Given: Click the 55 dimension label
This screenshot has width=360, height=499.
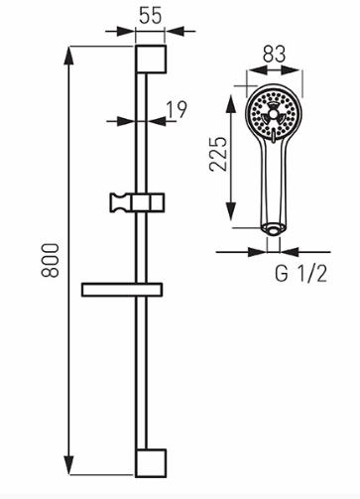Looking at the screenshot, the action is click(x=151, y=16).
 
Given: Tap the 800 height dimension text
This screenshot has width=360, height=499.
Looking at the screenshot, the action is click(x=50, y=260).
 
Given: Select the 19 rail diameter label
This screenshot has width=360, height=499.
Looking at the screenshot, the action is click(x=177, y=109).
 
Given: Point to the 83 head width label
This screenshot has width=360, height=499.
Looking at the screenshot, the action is click(x=274, y=54).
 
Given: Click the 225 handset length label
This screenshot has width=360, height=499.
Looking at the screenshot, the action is click(x=218, y=154).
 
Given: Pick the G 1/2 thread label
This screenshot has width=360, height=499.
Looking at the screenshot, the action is click(x=300, y=274).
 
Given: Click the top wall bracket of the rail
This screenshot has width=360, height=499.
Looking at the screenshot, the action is click(x=151, y=59).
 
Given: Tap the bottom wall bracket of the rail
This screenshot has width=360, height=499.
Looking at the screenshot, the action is click(x=151, y=463).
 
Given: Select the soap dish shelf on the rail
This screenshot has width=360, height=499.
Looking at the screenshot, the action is click(x=122, y=290).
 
